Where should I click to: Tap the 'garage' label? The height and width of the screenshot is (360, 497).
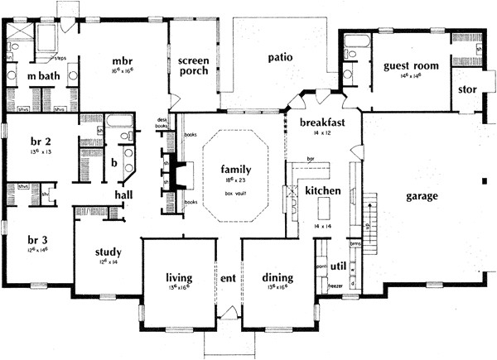click(422, 196)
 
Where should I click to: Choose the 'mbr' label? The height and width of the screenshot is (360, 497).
click(123, 60)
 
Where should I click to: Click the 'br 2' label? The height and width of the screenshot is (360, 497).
click(40, 142)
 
